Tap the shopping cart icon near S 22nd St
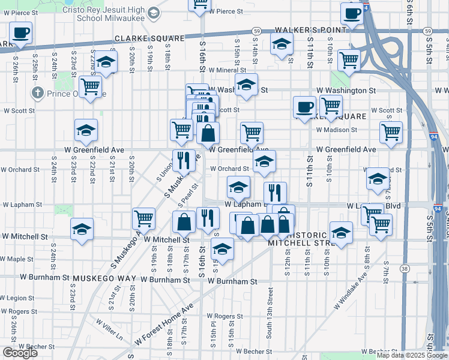(90, 86)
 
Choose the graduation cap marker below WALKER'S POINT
(281, 44)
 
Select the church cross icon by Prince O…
(38, 93)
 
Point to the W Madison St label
(336, 129)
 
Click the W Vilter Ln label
(109, 328)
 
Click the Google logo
(20, 353)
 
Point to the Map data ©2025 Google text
(412, 355)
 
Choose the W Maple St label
(17, 259)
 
